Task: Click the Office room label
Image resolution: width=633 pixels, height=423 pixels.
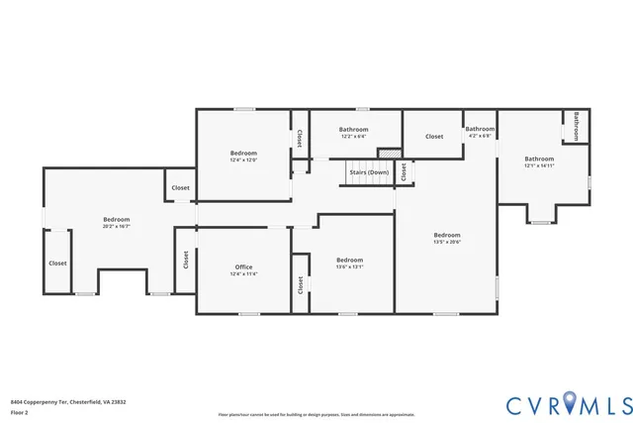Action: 243,267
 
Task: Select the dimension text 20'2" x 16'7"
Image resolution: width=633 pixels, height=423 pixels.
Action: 116,227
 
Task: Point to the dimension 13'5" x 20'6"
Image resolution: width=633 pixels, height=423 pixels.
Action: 446,242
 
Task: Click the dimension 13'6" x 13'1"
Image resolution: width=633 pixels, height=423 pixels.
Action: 350,266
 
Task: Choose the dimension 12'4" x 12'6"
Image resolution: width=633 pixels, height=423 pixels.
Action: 243,159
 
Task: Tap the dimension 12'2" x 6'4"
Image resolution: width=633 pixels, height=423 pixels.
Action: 353,137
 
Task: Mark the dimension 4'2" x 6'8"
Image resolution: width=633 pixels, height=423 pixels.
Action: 480,136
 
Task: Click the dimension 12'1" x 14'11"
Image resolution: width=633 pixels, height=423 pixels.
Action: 539,166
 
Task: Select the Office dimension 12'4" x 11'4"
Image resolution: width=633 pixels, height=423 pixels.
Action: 243,274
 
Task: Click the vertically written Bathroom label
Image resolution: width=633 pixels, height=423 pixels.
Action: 577,126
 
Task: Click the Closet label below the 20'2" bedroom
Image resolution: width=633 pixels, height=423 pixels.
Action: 58,264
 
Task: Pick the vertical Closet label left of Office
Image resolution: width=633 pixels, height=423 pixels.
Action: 185,260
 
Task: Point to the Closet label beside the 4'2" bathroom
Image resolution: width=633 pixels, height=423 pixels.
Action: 434,136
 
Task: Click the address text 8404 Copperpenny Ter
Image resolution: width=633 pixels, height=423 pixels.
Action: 67,402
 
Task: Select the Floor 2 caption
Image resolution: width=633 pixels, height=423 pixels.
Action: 20,411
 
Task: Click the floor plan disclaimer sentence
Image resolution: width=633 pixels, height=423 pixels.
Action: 316,414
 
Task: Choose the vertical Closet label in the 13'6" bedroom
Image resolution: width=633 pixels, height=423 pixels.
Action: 299,285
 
